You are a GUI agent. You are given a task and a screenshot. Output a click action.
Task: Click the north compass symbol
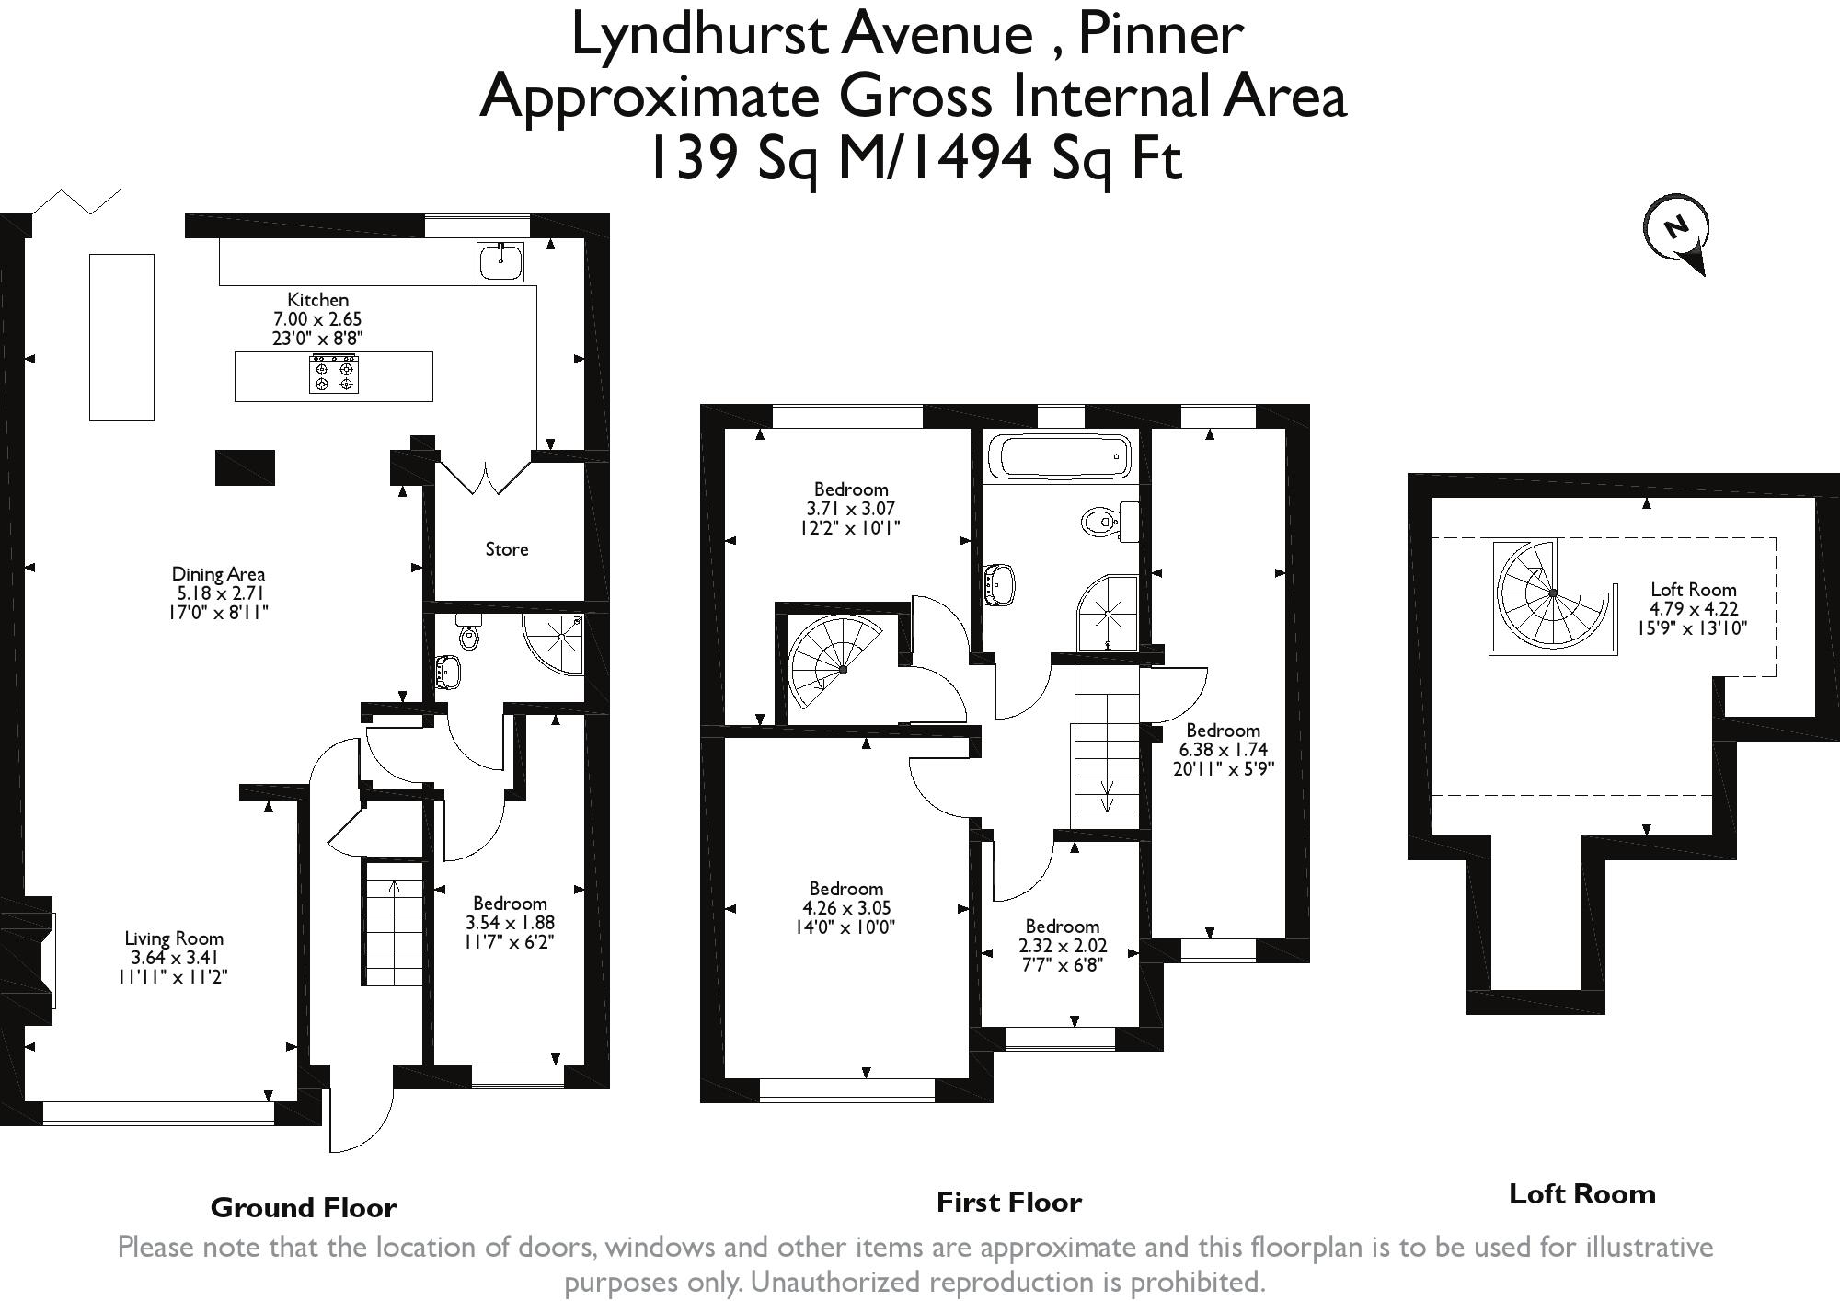coord(1676,229)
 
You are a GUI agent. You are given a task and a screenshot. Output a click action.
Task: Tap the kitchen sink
coord(500,261)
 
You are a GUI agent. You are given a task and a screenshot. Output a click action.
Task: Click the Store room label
coord(507,549)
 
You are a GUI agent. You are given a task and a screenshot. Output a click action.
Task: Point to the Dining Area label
coord(218,574)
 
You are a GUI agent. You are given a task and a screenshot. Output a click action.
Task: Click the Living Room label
coord(174,938)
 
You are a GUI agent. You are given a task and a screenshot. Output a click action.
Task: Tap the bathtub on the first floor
coord(1058,457)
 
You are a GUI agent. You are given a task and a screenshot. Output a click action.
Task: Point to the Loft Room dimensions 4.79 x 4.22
coord(1693,609)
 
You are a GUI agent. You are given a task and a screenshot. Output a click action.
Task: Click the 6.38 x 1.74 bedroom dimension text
coord(1223,750)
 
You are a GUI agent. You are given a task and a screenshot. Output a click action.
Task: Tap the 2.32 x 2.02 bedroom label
coord(1063,946)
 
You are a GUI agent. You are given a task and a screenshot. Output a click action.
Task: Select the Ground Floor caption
coord(304,1207)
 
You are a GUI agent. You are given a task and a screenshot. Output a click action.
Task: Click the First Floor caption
coord(1008,1202)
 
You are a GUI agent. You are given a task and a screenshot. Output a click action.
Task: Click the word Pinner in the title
coord(1160,35)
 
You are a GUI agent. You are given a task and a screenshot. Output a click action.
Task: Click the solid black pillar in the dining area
coord(245,467)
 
